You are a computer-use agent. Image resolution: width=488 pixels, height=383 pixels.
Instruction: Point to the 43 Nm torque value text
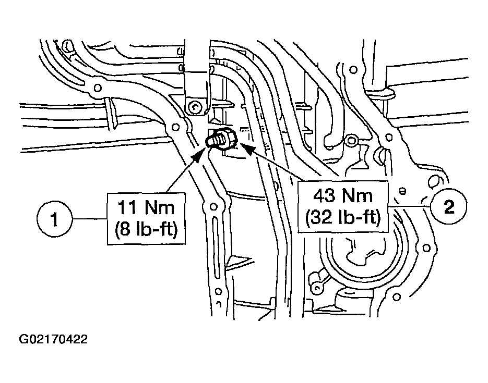click(x=343, y=196)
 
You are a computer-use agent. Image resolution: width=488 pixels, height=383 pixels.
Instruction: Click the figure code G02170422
click(x=53, y=340)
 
